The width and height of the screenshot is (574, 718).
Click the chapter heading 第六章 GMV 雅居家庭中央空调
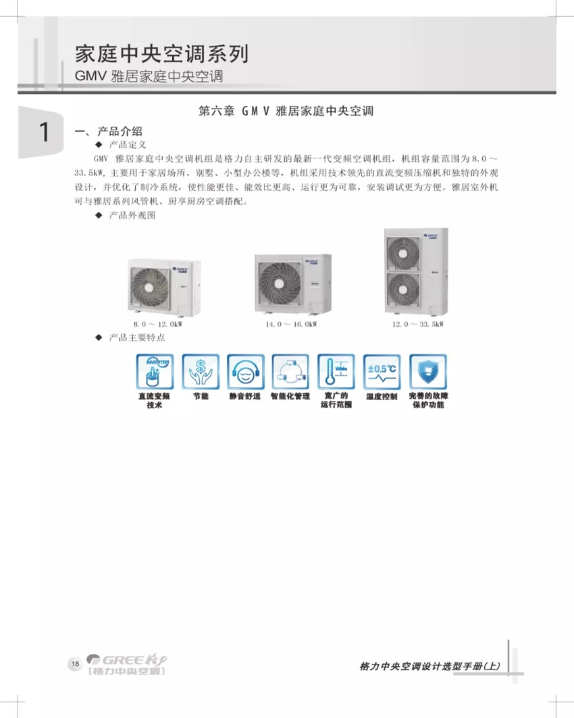(286, 111)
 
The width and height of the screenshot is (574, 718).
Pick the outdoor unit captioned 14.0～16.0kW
(292, 283)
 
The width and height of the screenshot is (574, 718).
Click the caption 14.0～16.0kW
(291, 325)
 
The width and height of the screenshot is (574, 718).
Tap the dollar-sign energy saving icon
(200, 370)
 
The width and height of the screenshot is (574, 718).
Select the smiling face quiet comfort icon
(244, 370)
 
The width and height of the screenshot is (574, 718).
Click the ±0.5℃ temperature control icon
(382, 370)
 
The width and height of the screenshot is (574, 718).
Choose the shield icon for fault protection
(427, 370)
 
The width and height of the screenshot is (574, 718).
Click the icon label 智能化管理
(290, 396)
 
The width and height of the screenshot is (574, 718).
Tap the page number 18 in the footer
(74, 663)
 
